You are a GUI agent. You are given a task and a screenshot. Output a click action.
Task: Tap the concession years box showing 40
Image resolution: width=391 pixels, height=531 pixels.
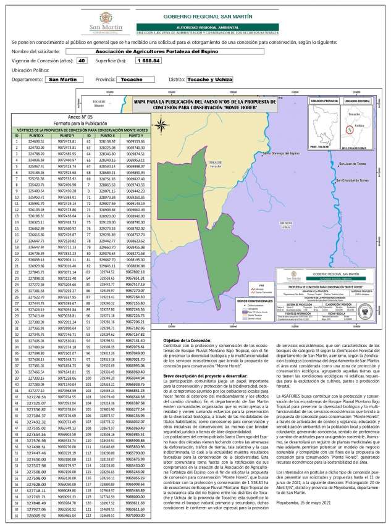[x=82, y=61]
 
